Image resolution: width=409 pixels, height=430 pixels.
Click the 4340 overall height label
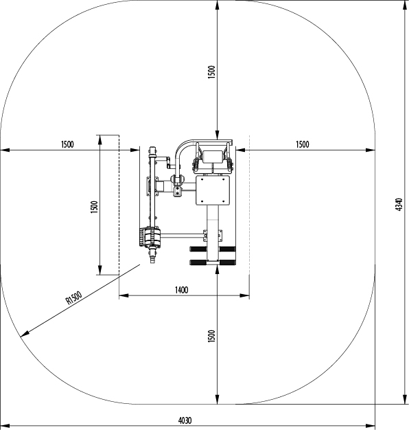point(399,204)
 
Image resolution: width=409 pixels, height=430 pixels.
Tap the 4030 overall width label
point(185,420)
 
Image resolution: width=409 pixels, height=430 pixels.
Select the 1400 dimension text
point(181,290)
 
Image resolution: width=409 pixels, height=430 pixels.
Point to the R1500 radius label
point(73,298)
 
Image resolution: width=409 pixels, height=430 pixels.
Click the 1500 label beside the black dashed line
point(94,207)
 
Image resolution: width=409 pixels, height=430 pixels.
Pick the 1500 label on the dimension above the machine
point(212,72)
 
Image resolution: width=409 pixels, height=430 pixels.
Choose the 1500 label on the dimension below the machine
point(212,336)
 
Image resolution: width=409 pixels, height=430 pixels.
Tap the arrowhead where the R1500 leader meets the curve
point(25,333)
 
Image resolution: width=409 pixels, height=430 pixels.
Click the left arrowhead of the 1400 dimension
point(124,295)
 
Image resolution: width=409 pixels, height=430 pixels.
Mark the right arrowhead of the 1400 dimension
point(245,295)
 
